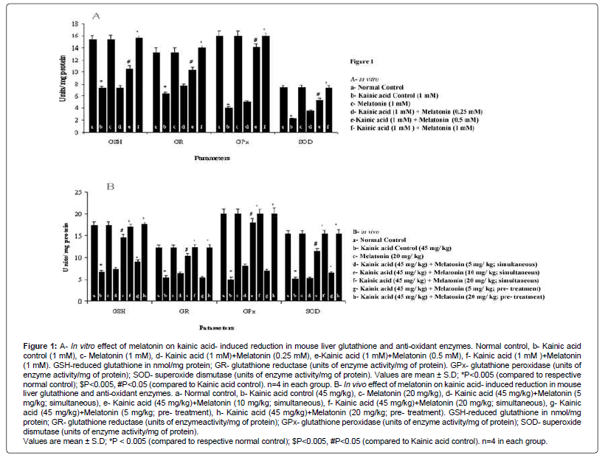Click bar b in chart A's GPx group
tap(229, 119)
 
